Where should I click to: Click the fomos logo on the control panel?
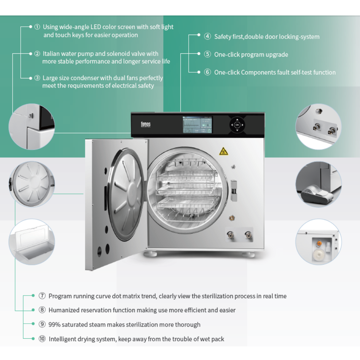coord(146,124)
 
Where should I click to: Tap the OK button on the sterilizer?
coord(237,125)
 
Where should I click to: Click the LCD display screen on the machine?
coord(197,125)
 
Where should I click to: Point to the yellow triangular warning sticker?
coord(223,152)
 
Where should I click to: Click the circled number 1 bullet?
coord(37,27)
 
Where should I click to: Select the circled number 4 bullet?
coord(207,36)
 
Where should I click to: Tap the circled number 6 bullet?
coord(207,72)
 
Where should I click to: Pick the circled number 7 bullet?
coord(42,296)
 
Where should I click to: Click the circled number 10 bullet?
coord(42,339)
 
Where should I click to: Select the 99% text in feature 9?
coord(54,324)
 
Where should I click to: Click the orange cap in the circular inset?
coord(319,243)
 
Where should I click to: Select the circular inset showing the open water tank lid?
coord(32,242)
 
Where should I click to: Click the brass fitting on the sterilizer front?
coord(232,218)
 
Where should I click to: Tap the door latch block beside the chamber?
coord(234,190)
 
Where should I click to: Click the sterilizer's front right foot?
coord(248,254)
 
